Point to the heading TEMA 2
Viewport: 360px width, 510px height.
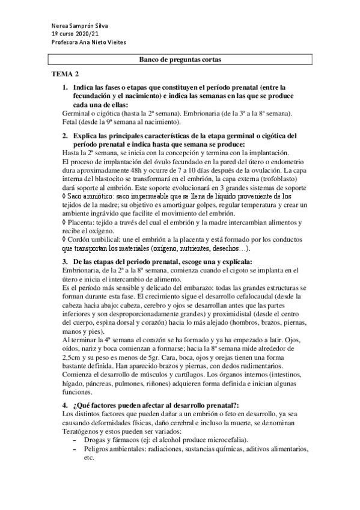[64, 74]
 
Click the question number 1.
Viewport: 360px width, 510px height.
[65, 88]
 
